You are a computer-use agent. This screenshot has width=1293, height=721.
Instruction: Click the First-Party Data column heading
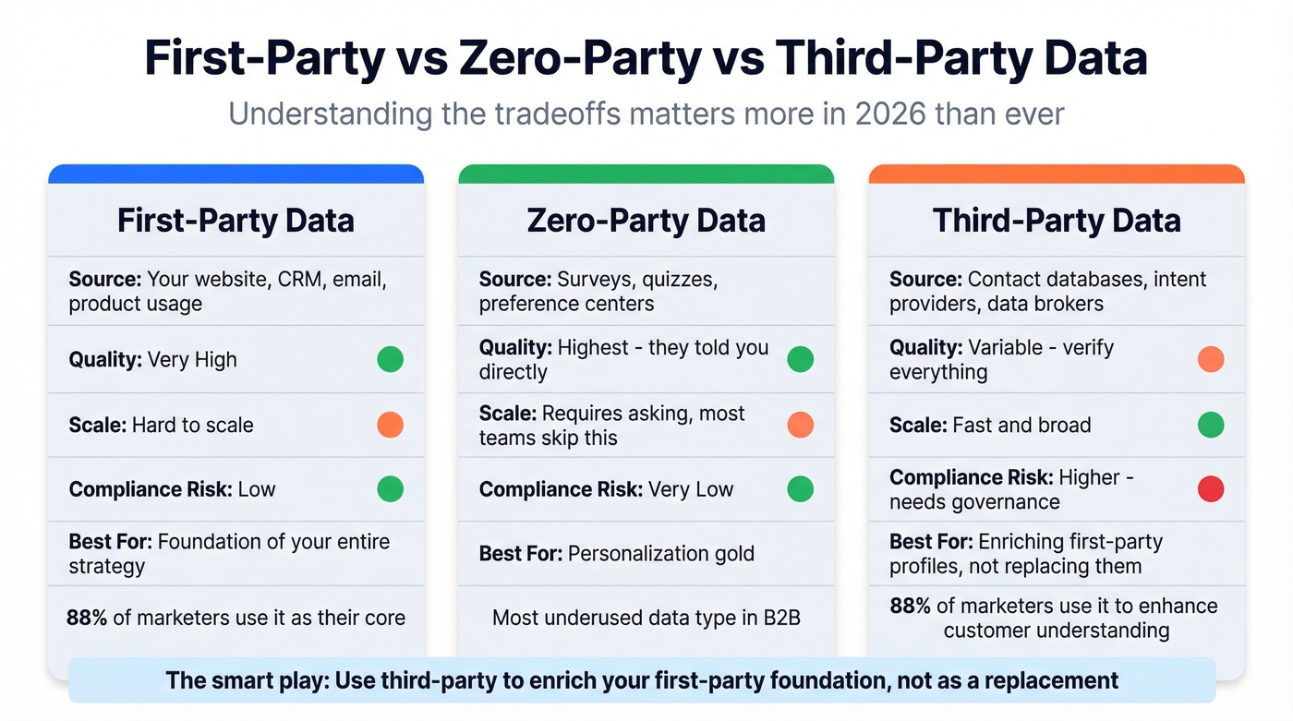pos(236,221)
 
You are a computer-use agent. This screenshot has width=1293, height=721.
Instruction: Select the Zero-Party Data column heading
pos(646,221)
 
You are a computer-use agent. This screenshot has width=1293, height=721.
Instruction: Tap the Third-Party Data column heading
pos(1057,221)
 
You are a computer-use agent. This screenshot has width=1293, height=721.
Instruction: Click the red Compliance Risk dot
pos(1210,489)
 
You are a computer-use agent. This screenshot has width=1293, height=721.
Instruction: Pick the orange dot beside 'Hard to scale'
pos(390,425)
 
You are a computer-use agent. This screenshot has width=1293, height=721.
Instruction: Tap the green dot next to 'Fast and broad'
pos(1210,425)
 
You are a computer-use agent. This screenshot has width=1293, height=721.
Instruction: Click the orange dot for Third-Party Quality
pos(1210,359)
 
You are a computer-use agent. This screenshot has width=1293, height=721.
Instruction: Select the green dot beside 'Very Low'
pos(800,489)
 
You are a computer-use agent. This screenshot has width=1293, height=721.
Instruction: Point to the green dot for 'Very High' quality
pos(390,359)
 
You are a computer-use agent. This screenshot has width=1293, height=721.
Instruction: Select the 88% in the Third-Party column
pos(910,606)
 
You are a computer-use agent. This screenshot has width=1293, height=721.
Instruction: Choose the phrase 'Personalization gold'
pos(660,554)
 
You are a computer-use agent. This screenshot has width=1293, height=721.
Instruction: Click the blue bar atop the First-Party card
pos(236,174)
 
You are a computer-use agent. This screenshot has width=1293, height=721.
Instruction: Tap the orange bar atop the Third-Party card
pos(1057,174)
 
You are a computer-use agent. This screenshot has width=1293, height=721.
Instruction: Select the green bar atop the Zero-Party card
pos(646,174)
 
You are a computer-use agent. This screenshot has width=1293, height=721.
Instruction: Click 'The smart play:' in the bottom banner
pos(246,681)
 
